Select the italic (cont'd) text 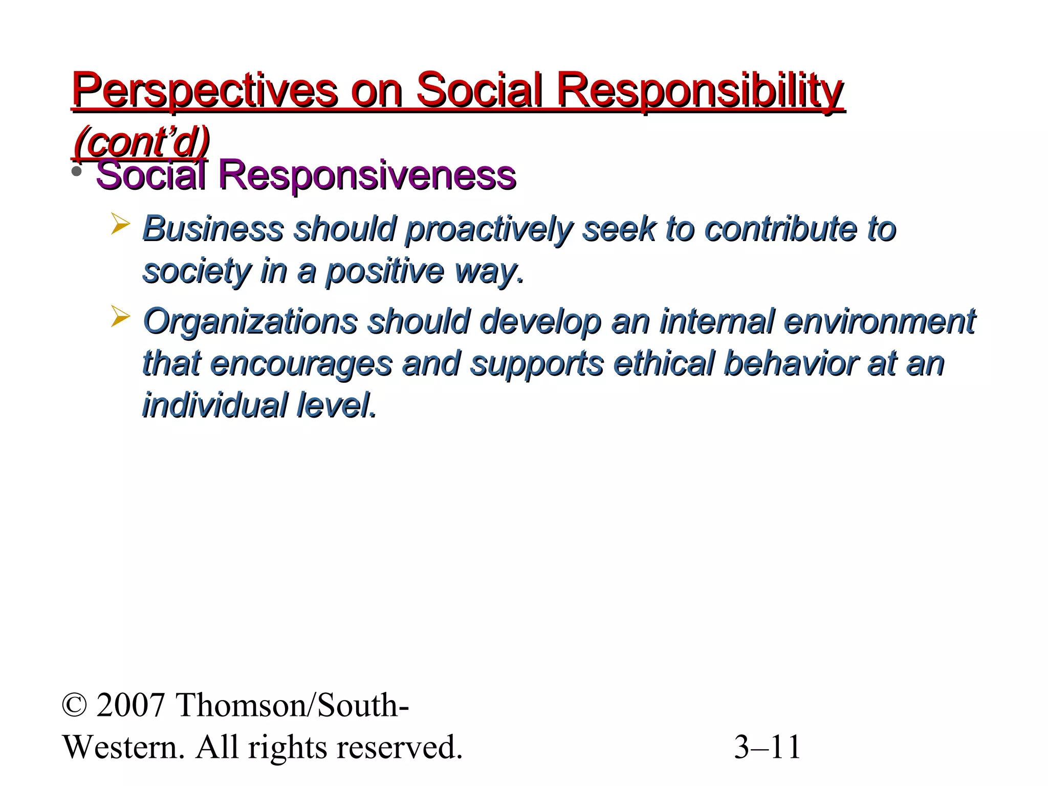[x=141, y=142]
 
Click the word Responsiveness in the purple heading [x=367, y=176]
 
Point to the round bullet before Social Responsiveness [x=77, y=172]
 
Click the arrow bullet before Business [x=120, y=225]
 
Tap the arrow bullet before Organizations [x=120, y=317]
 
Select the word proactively [x=488, y=229]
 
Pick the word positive [x=385, y=271]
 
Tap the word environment [x=879, y=321]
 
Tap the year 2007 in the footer [x=130, y=706]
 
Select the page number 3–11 [x=767, y=748]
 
